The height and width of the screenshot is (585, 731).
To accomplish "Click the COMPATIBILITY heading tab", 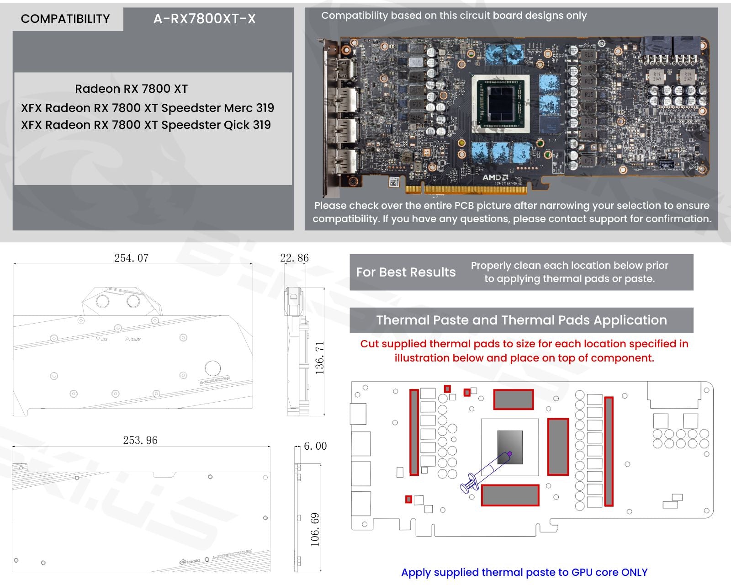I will (65, 19).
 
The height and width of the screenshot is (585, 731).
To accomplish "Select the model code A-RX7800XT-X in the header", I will (204, 19).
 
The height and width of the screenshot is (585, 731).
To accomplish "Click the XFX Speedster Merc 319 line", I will (148, 108).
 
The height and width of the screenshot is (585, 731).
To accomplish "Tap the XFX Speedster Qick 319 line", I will (146, 125).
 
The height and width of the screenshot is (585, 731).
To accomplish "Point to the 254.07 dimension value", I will (131, 258).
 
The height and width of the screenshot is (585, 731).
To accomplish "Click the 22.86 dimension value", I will (294, 258).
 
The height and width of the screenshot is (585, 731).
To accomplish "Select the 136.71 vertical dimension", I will (320, 357).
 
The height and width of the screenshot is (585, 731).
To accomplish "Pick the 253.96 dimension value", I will (140, 440).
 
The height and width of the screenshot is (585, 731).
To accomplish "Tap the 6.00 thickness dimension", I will (315, 446).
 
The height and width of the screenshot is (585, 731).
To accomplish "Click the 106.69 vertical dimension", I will (315, 529).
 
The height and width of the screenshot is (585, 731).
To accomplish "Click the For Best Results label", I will (406, 272).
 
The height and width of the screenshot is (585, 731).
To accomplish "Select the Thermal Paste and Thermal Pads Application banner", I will (521, 320).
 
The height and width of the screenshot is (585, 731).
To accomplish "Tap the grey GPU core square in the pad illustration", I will (510, 447).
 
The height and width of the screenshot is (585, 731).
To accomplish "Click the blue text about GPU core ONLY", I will (524, 572).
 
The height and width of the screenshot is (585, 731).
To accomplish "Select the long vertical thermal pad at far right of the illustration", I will (609, 452).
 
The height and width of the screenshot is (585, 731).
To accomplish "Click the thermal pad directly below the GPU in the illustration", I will (510, 495).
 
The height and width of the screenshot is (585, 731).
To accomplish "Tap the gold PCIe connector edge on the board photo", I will (475, 189).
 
